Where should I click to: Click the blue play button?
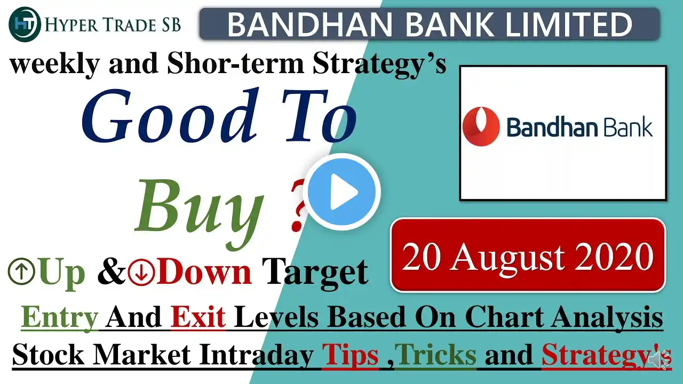point(342,192)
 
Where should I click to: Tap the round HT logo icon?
point(25,24)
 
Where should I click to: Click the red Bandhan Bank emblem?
point(481,126)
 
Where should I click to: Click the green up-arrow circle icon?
point(21,271)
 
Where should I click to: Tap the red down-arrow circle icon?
point(141,271)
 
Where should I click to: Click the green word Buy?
point(199,210)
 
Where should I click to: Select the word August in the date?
point(508,257)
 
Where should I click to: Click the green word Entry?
point(60,317)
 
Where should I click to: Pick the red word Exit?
point(198,317)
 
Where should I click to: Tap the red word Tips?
point(351,355)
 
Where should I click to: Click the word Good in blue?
point(170,116)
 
